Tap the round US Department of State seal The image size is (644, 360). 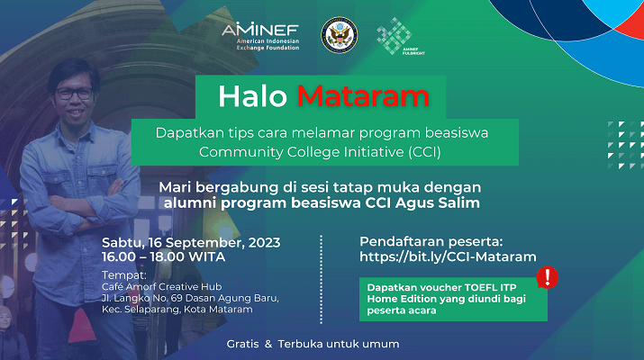point(339,35)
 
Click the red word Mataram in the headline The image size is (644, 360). point(364,96)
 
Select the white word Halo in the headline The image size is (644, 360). point(252,96)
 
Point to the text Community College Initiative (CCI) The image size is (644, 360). point(320,152)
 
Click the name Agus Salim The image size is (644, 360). point(438,202)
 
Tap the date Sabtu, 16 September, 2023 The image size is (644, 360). point(191,243)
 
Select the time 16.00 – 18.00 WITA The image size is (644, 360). point(163,257)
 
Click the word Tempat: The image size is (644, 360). point(124,275)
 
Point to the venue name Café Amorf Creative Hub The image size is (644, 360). point(162,286)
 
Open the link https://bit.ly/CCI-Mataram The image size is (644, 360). point(448,257)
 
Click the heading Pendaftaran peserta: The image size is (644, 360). point(431,241)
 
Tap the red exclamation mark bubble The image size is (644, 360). point(548,277)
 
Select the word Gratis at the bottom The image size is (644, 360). point(242,344)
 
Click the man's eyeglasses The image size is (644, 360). point(75,94)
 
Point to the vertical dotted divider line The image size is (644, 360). point(322,279)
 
